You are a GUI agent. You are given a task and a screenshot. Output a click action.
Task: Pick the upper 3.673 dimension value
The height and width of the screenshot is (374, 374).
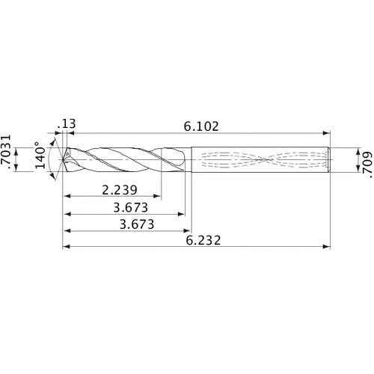(124, 207)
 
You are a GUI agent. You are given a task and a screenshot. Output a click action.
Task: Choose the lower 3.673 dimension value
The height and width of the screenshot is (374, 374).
(124, 224)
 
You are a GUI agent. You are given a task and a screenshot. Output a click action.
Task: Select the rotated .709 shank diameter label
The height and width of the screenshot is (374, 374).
(364, 159)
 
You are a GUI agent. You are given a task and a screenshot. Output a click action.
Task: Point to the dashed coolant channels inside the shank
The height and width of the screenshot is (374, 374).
(262, 159)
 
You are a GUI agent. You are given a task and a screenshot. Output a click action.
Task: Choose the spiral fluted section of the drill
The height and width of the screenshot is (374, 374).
(127, 159)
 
